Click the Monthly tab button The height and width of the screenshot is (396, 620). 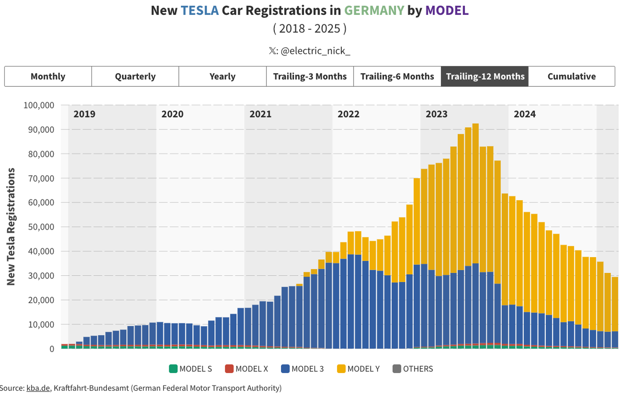coord(48,76)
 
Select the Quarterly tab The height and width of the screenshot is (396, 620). coord(135,76)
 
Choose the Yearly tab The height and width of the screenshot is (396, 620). coord(222,76)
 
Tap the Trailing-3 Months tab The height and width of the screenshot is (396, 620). coord(310,76)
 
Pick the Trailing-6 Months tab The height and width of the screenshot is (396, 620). coord(397,76)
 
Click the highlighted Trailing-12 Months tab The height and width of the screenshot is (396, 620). coord(485,76)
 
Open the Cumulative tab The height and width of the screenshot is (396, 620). coord(572,76)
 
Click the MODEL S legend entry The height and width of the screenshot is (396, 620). coord(191,369)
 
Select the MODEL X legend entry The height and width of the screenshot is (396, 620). coord(247,369)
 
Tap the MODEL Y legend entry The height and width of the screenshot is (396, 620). coord(358,369)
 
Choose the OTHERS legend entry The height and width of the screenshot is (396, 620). coord(413,369)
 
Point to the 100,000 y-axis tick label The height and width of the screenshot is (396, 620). coord(39,105)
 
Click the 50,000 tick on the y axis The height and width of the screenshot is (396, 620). coord(40,227)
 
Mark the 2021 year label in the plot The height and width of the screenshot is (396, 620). coord(260,114)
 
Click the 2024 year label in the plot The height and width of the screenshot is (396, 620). coord(524,114)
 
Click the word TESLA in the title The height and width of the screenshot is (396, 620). coord(200,10)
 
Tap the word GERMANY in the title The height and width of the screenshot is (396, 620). coord(374,10)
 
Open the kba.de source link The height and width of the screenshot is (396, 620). coord(38,388)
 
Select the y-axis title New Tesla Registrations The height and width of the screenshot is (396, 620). coord(11,226)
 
